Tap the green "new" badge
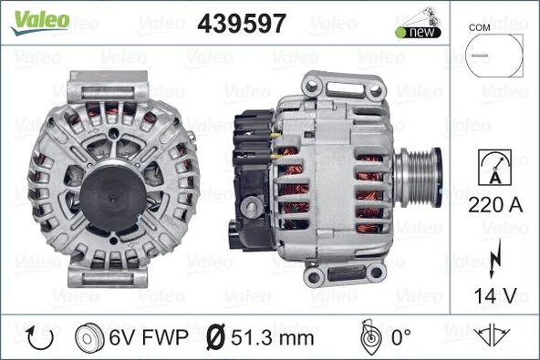(x=418, y=32)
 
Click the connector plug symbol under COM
(x=493, y=56)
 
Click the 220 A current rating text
(x=493, y=206)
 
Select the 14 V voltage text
(x=493, y=295)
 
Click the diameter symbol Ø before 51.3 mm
(x=217, y=336)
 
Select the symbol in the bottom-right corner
(x=493, y=336)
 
